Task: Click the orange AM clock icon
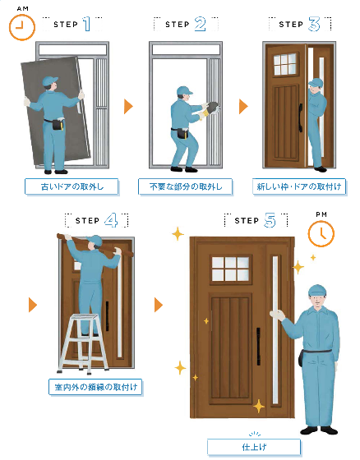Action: tap(22, 27)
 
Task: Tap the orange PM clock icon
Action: tap(321, 234)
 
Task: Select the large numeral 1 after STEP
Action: tap(86, 24)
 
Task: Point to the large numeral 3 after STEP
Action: tap(314, 24)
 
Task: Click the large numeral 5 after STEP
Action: tap(270, 220)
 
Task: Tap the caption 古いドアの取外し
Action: tap(72, 186)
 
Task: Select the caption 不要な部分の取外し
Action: tap(186, 186)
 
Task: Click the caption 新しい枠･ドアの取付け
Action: tap(299, 186)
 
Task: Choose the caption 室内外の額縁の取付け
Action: tap(95, 387)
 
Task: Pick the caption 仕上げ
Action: tap(254, 447)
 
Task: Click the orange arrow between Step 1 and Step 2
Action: tap(128, 106)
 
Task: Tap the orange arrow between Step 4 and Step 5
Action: tap(159, 305)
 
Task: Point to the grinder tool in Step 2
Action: tap(212, 108)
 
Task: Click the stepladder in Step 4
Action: tap(83, 344)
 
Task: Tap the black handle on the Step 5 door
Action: tap(258, 346)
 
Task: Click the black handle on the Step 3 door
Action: tap(300, 118)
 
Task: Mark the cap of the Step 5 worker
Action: tap(317, 291)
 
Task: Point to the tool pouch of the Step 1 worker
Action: tap(58, 124)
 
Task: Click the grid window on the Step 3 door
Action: tap(285, 64)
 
